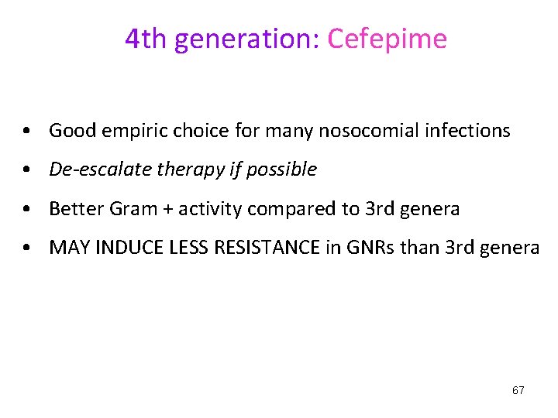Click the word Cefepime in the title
click(387, 38)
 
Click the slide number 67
click(518, 390)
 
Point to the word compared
click(277, 209)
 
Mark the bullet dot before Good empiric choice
click(27, 131)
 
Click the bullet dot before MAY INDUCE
click(27, 248)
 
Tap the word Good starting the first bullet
click(71, 131)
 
